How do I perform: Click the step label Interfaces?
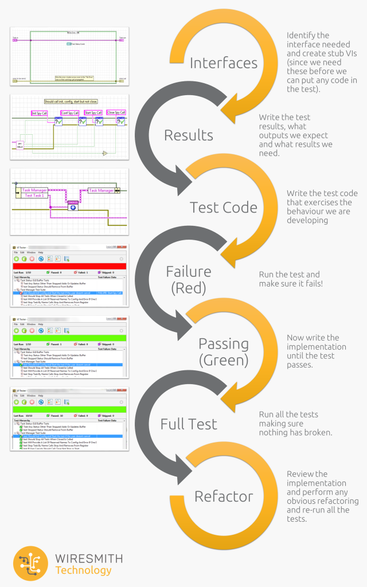click(x=223, y=63)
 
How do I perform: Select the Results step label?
click(x=188, y=135)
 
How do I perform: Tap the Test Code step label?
click(x=223, y=208)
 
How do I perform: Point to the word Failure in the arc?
click(x=188, y=271)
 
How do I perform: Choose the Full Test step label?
click(x=188, y=424)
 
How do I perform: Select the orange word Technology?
click(x=84, y=570)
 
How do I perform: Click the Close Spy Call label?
click(x=118, y=112)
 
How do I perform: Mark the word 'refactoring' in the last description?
click(x=338, y=501)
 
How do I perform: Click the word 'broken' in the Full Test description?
click(x=318, y=432)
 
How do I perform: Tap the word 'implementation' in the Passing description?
click(x=317, y=347)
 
